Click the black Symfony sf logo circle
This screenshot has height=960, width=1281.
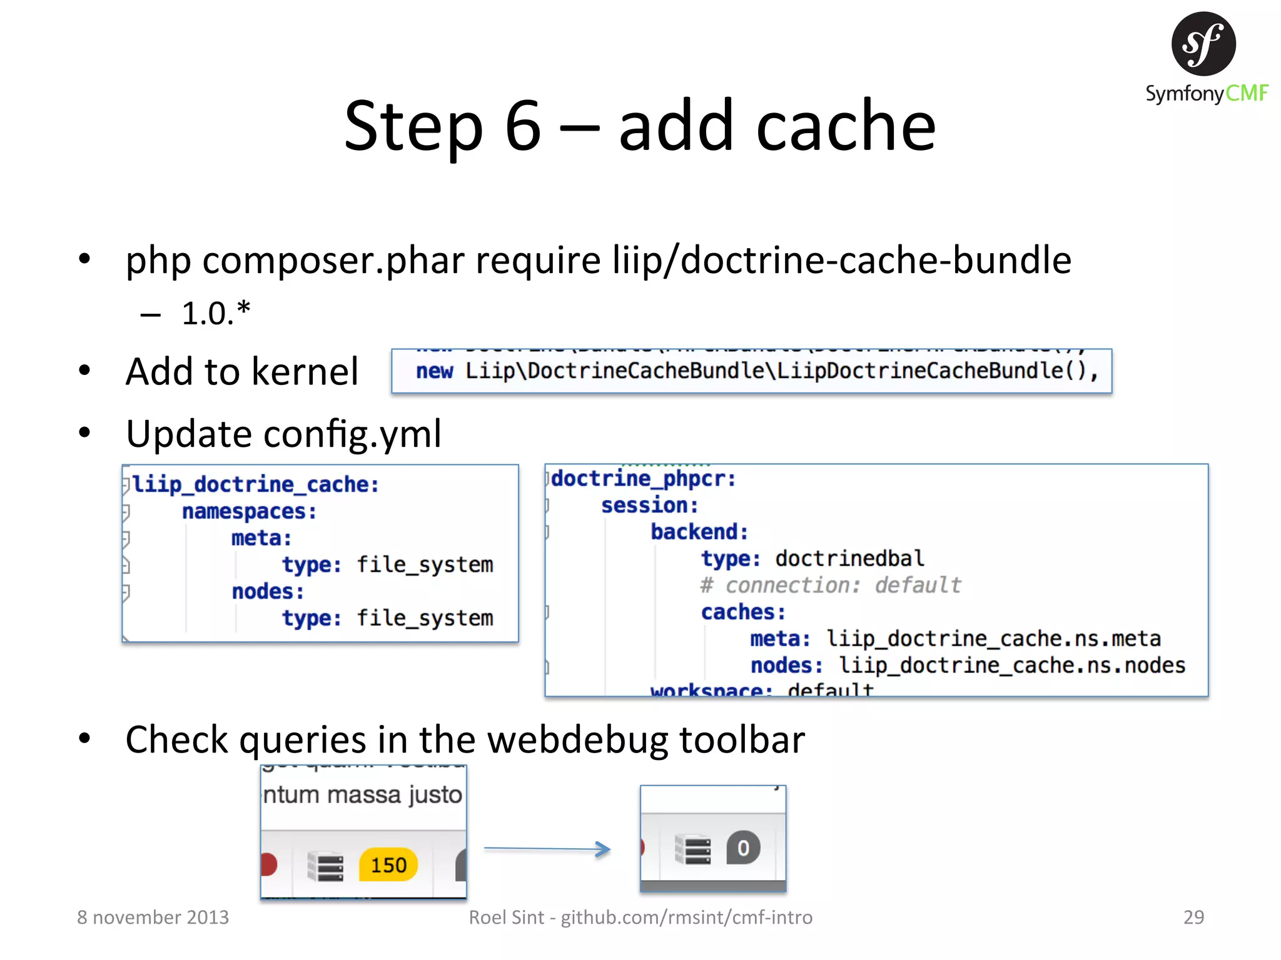coord(1203,44)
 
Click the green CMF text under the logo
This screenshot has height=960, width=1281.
coord(1246,94)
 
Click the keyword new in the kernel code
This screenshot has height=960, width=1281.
coord(434,371)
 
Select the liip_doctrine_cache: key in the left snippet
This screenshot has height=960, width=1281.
coord(255,484)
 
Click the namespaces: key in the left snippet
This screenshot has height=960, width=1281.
coord(249,511)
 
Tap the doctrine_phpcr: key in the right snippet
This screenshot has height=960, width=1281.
coord(643,479)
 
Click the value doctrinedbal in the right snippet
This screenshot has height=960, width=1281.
coord(849,558)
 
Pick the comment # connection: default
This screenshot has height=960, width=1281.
coord(830,585)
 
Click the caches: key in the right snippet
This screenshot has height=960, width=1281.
coord(742,612)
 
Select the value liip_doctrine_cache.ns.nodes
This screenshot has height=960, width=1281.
coord(1011,665)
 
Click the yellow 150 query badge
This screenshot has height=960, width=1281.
coord(388,865)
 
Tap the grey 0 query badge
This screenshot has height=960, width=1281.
coord(742,848)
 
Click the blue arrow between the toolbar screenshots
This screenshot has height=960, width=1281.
coord(547,849)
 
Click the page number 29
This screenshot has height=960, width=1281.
coord(1193,917)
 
